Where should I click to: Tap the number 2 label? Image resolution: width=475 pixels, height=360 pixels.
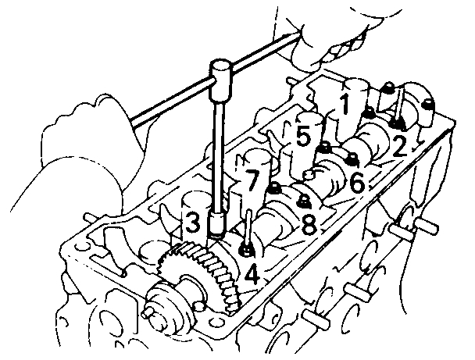point(400,146)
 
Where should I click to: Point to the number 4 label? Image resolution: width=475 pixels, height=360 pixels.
point(251,273)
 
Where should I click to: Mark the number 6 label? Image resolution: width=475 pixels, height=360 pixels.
point(356,183)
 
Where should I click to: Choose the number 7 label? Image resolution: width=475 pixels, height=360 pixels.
point(248,183)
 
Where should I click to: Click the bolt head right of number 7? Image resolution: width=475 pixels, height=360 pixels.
point(275,187)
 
